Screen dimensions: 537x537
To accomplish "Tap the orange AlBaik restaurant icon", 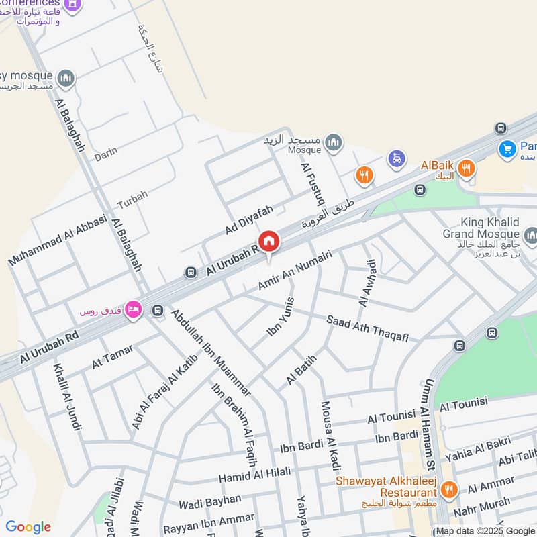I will (467, 168).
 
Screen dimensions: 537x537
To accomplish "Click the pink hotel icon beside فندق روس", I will (133, 308).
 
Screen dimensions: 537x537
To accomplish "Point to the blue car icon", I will (397, 159).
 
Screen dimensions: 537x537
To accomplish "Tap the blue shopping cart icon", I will (507, 148).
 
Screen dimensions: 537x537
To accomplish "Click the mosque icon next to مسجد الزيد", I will (333, 142).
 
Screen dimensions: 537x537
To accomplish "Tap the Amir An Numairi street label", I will (295, 268).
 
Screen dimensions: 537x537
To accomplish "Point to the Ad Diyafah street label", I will (249, 220).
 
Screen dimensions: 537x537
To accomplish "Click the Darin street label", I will (105, 152).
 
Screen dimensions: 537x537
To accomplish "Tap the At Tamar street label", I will (112, 356).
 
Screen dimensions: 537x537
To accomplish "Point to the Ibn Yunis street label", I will (281, 317).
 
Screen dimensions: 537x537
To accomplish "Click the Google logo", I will (28, 527).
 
